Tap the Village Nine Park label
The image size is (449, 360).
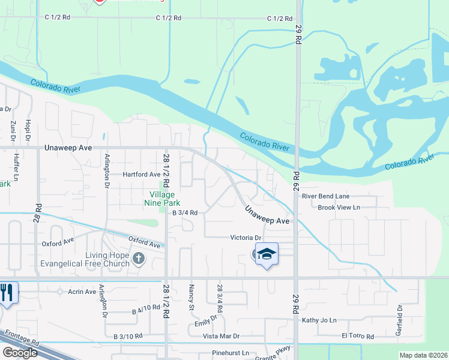162,199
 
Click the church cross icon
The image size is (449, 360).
139,259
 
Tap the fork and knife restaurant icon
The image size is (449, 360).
7,292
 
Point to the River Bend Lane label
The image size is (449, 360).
325,196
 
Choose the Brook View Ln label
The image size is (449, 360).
339,208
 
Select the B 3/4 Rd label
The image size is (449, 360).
185,212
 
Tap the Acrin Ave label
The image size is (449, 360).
82,292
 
